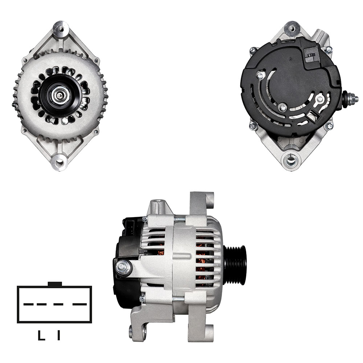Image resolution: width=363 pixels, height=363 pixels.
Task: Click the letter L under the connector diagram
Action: click(41, 335)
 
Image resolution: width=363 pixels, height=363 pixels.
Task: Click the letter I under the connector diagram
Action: click(59, 335)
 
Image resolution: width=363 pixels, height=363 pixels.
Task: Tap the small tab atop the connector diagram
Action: click(55, 284)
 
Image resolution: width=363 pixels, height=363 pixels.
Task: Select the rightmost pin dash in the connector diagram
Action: click(79, 304)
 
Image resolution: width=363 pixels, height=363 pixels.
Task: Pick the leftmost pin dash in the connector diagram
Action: click(28, 304)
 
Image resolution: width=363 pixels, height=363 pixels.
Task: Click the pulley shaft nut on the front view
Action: click(60, 95)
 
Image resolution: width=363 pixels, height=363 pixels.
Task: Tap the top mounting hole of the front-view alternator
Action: click(61, 29)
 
